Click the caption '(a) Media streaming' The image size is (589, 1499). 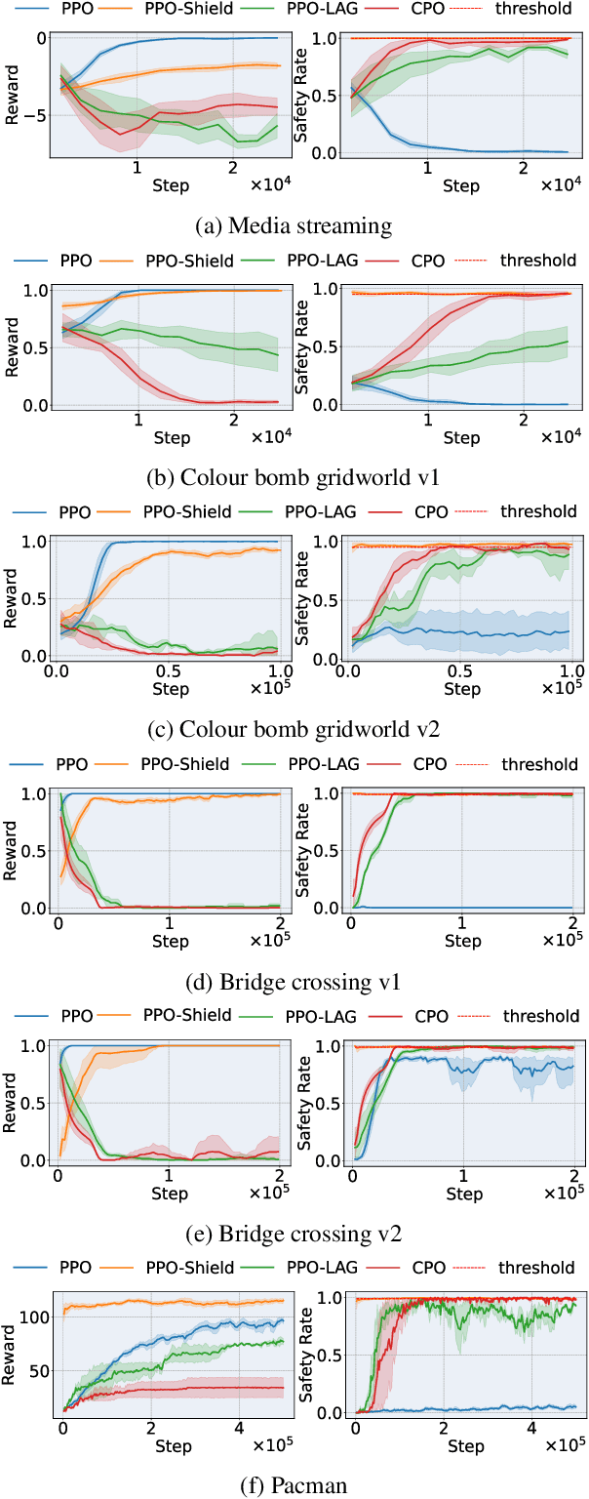294,226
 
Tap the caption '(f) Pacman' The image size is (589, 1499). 294,1486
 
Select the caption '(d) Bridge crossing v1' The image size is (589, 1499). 294,982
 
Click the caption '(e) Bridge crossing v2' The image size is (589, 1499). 294,1234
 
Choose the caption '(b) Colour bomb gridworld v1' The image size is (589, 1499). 294,478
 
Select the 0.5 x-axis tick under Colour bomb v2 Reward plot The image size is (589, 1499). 169,672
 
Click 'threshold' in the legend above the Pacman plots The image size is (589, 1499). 536,1268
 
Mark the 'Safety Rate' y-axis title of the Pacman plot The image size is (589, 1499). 305,1357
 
